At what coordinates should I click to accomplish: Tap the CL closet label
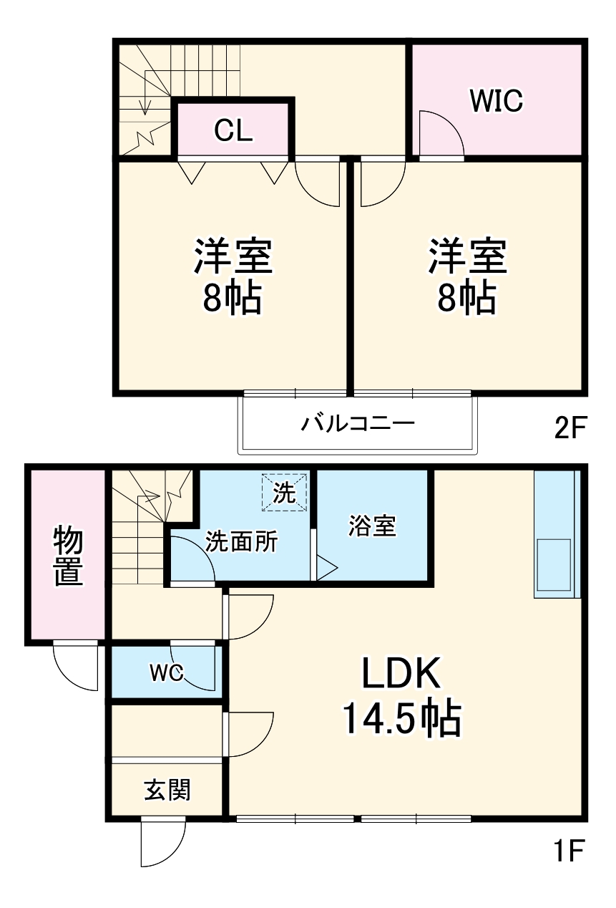234,130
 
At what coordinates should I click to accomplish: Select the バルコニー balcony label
357,422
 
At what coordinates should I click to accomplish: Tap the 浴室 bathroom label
372,526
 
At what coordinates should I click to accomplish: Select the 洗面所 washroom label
241,542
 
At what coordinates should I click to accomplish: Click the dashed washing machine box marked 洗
284,493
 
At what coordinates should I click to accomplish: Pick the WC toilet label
166,672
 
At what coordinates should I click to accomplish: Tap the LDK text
399,675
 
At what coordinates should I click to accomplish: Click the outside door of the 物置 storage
76,666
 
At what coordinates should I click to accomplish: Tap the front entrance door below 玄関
162,842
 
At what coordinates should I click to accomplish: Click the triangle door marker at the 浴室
326,569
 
